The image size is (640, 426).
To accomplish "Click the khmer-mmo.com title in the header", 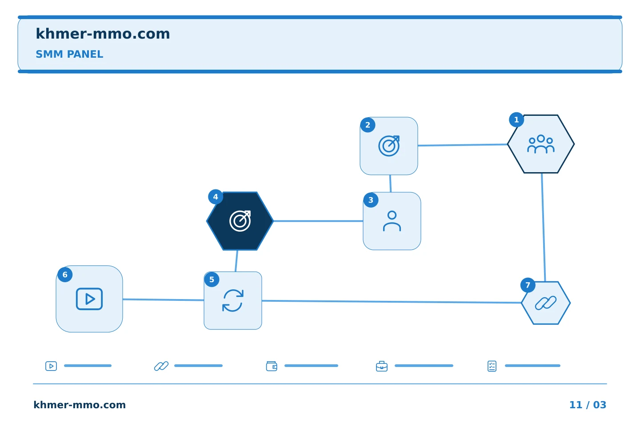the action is pyautogui.click(x=103, y=34).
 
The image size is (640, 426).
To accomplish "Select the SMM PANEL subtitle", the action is pyautogui.click(x=69, y=54).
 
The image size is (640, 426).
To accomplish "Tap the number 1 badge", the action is pyautogui.click(x=516, y=119).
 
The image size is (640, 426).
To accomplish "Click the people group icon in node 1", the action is pyautogui.click(x=541, y=144).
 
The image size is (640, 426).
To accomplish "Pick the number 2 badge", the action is pyautogui.click(x=368, y=125).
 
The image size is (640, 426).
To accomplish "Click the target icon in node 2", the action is pyautogui.click(x=389, y=146).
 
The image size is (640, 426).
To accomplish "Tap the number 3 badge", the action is pyautogui.click(x=371, y=200).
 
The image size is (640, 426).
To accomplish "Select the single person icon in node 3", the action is pyautogui.click(x=392, y=221).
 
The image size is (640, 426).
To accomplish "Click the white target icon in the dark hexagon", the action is pyautogui.click(x=240, y=221).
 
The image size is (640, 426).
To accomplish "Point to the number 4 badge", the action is pyautogui.click(x=216, y=197).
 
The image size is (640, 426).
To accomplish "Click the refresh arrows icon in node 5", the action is pyautogui.click(x=233, y=300).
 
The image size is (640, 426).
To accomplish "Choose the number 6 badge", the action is pyautogui.click(x=65, y=275).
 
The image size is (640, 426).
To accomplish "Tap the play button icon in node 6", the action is pyautogui.click(x=89, y=299).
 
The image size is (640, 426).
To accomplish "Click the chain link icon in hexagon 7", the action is pyautogui.click(x=546, y=303).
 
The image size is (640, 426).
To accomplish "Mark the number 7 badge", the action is pyautogui.click(x=528, y=285).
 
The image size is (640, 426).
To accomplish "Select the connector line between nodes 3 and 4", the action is pyautogui.click(x=318, y=221).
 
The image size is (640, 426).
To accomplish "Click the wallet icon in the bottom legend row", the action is pyautogui.click(x=272, y=366).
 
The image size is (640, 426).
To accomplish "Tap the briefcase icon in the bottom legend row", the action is pyautogui.click(x=382, y=366).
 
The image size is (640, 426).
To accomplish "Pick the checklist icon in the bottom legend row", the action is pyautogui.click(x=492, y=366).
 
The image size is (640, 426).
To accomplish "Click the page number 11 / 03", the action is pyautogui.click(x=588, y=405).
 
